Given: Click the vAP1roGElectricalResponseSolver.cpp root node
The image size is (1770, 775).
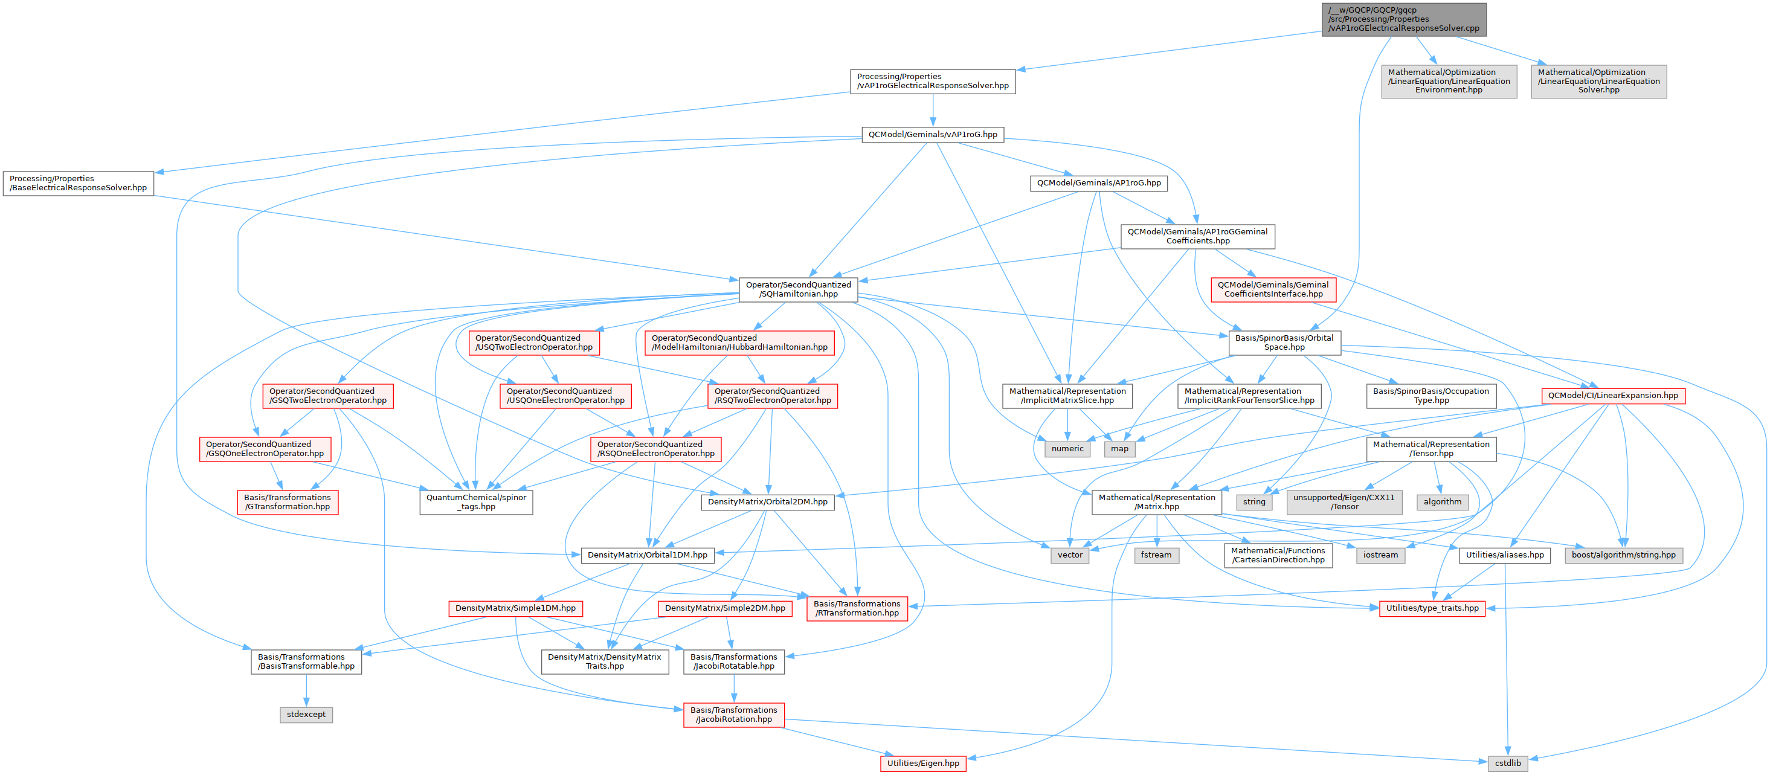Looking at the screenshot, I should (x=1403, y=19).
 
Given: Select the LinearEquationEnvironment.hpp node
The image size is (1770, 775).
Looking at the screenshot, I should (x=1449, y=81).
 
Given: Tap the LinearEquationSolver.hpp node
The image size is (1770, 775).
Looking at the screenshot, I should (x=1598, y=81).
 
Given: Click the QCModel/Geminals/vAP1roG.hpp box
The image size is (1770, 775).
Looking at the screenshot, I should (x=932, y=135).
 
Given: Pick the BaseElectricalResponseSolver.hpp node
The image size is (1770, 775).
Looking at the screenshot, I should (x=79, y=183).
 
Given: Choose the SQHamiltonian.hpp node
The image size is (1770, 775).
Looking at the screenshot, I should (x=798, y=289).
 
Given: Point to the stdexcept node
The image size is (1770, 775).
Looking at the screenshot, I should (x=306, y=715).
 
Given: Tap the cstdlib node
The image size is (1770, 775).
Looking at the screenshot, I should (x=1508, y=764).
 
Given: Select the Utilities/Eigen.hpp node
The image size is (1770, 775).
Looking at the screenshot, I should (x=923, y=764).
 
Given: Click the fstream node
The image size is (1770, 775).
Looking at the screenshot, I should (x=1156, y=555).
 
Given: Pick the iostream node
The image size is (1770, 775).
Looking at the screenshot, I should (x=1380, y=555).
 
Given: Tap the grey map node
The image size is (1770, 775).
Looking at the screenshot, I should (x=1119, y=449).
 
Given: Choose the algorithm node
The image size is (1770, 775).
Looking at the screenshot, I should (x=1442, y=501).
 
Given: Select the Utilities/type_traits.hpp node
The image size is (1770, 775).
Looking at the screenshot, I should (x=1432, y=608).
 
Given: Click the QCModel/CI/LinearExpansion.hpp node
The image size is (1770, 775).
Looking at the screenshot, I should (x=1613, y=396).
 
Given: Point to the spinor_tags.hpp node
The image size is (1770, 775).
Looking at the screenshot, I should (x=476, y=501).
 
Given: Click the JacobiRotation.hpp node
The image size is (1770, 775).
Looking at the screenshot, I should (x=733, y=715).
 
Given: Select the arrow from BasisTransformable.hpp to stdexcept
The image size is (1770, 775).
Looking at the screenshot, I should (x=306, y=690).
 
